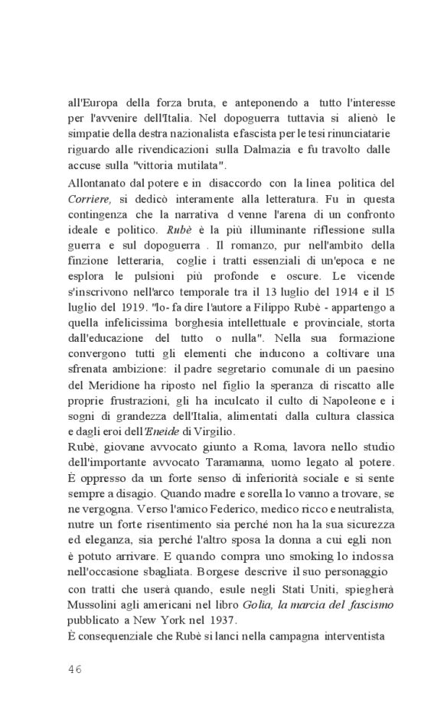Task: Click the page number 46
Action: (75, 668)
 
